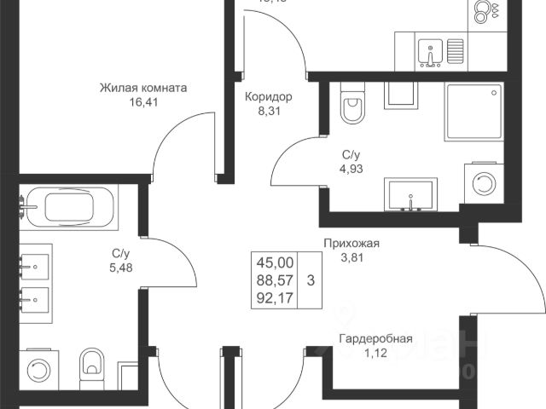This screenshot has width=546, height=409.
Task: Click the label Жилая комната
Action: point(143,87)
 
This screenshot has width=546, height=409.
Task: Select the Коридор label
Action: point(268,96)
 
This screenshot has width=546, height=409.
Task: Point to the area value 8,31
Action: point(268,111)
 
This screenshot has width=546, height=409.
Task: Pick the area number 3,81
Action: point(350,258)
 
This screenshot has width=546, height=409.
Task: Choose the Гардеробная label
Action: point(375,339)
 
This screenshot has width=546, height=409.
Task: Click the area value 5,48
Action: point(120,268)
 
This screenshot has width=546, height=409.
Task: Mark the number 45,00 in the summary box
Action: point(273,262)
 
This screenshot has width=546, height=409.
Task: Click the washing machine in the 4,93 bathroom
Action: point(484,182)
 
